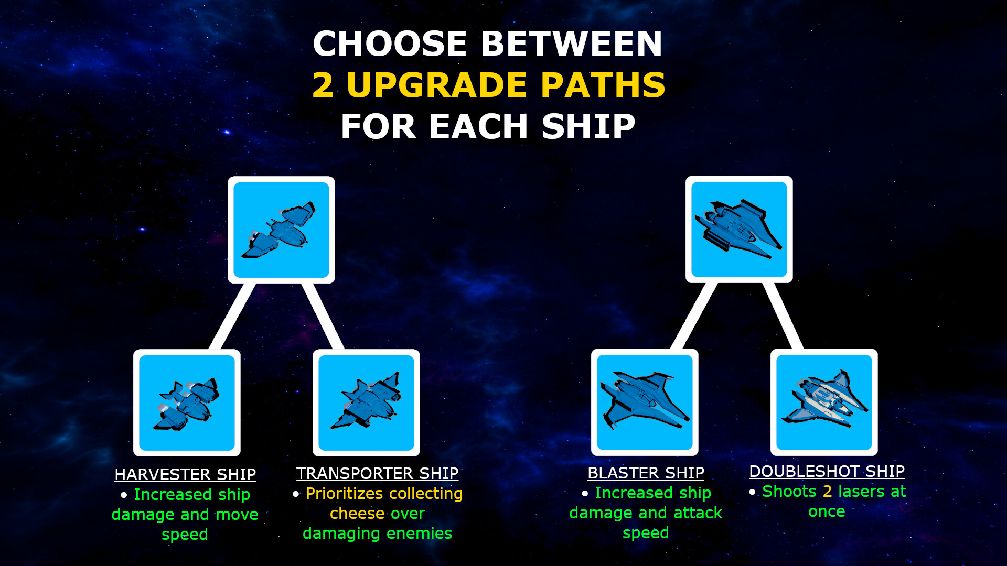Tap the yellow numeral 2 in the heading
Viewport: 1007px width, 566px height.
click(x=323, y=85)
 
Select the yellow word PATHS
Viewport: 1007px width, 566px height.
click(x=603, y=85)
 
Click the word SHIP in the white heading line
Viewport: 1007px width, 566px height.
click(x=588, y=126)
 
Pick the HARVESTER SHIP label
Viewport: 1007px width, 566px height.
click(x=185, y=474)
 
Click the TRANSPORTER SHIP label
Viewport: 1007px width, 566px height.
click(x=377, y=473)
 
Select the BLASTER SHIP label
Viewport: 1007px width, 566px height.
click(x=646, y=473)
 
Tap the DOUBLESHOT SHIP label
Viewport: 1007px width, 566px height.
click(x=827, y=471)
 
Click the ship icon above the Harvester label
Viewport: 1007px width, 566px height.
click(x=187, y=402)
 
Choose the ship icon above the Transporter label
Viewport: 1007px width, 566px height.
click(x=366, y=402)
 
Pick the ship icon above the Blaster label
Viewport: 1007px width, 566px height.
click(x=645, y=402)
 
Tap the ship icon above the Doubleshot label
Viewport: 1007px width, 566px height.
click(x=824, y=402)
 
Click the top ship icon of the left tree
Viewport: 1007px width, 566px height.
click(x=281, y=230)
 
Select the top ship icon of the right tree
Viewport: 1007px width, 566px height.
click(x=739, y=229)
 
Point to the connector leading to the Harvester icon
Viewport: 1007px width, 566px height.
click(x=232, y=317)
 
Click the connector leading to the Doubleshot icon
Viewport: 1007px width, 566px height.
click(x=783, y=316)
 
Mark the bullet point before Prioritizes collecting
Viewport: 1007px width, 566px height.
click(x=296, y=494)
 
